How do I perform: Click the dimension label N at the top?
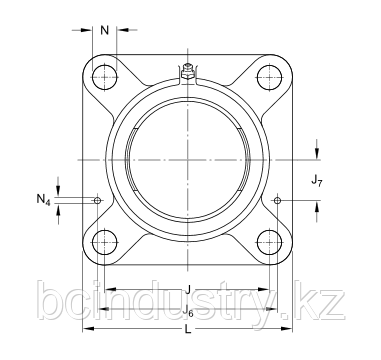click(x=105, y=29)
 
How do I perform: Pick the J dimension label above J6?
click(x=187, y=290)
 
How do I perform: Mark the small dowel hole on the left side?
click(x=97, y=200)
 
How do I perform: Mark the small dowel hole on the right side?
click(x=277, y=200)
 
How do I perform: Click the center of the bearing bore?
click(x=187, y=159)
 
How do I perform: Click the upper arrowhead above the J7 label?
click(x=317, y=154)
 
